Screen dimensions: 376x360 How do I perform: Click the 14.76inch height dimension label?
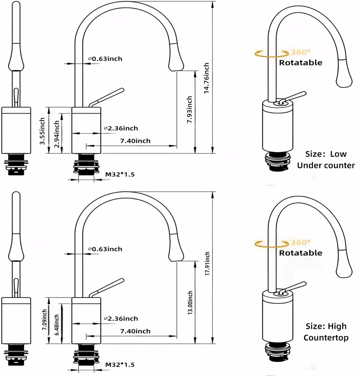[207, 78]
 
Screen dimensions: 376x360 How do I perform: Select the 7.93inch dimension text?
[189, 110]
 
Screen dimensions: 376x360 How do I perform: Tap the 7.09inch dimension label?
[45, 319]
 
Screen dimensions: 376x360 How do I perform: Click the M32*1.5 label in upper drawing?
[120, 174]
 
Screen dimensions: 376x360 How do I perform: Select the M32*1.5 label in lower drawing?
[120, 365]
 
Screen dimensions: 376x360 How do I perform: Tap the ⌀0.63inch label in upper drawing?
[105, 59]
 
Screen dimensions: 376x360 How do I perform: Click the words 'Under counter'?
[326, 165]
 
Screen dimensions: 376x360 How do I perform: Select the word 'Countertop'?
[326, 338]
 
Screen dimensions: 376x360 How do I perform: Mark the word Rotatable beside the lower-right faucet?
[301, 253]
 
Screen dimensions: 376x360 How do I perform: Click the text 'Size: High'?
[326, 326]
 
